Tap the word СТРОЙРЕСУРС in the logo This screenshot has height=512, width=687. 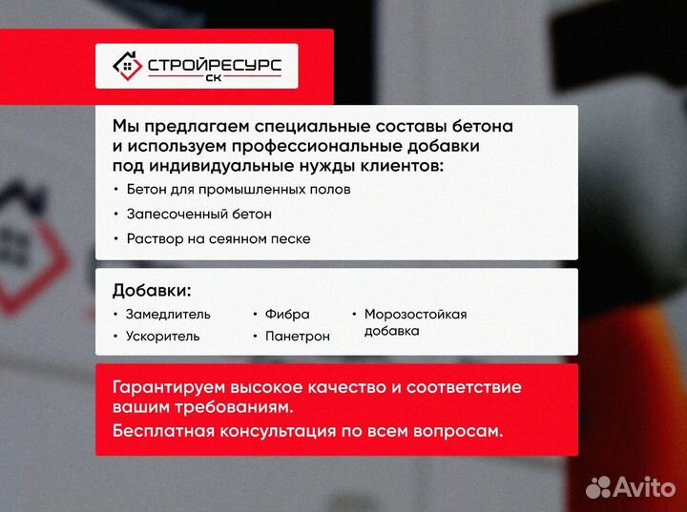(214, 65)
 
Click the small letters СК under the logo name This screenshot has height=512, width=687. (213, 80)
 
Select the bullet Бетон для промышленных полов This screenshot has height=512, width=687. (238, 189)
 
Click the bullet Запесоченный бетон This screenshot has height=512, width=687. (198, 214)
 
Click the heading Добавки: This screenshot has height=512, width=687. (152, 290)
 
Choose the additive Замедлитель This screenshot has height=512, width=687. (168, 314)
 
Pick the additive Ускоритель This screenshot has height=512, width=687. (163, 336)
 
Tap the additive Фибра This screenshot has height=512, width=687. (287, 314)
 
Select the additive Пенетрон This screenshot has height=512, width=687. (298, 336)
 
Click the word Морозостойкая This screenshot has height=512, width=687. (415, 314)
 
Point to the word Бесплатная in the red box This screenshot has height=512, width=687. (163, 431)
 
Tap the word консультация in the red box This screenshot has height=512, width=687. (276, 431)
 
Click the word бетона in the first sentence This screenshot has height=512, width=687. (481, 126)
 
